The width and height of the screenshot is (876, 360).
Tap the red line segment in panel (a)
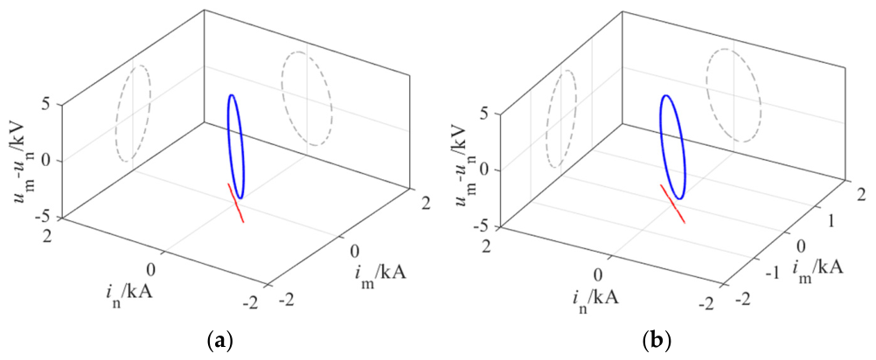tap(236, 203)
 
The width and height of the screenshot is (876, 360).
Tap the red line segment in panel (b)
tap(673, 204)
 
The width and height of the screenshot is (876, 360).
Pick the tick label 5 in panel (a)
tap(53, 104)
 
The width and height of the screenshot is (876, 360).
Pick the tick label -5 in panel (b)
tap(487, 228)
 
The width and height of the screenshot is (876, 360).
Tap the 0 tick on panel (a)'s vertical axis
tap(53, 161)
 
